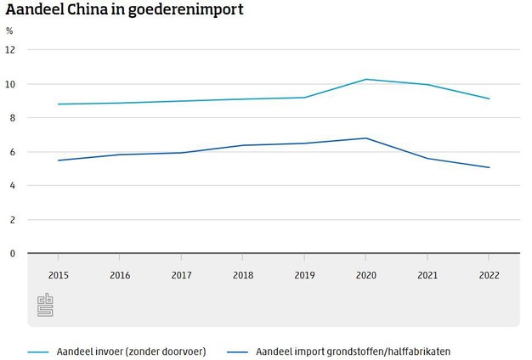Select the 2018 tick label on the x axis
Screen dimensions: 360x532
242,276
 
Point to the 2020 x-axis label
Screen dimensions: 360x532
365,276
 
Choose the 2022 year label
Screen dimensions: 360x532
489,276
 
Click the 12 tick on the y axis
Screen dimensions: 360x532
10,50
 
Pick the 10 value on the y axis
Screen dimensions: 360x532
10,84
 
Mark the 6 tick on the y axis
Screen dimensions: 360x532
11,152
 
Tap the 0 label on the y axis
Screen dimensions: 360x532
11,253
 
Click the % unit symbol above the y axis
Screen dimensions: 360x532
9,31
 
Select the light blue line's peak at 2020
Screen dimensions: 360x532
365,79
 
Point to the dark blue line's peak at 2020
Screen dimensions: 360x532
365,138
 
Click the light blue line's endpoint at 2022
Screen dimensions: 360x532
489,98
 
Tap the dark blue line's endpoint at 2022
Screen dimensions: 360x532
489,167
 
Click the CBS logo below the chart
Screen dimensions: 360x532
45,306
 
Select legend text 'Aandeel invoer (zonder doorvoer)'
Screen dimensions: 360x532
131,351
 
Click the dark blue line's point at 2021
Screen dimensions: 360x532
427,158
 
